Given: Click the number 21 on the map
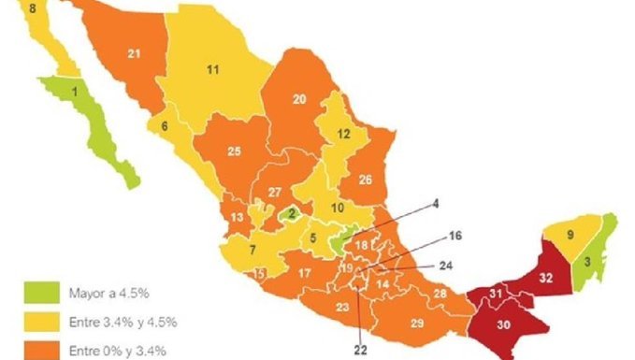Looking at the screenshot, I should pyautogui.click(x=134, y=54).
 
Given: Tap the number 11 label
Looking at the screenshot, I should pyautogui.click(x=212, y=69).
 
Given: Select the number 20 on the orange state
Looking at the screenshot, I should pyautogui.click(x=299, y=99).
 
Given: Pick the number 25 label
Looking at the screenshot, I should pyautogui.click(x=235, y=151).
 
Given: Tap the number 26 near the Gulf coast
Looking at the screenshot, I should pyautogui.click(x=366, y=179).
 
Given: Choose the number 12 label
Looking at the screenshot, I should pyautogui.click(x=343, y=134).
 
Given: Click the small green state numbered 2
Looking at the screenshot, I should pyautogui.click(x=292, y=213).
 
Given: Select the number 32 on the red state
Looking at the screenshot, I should pyautogui.click(x=547, y=278).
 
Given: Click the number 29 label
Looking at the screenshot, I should pyautogui.click(x=416, y=323).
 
